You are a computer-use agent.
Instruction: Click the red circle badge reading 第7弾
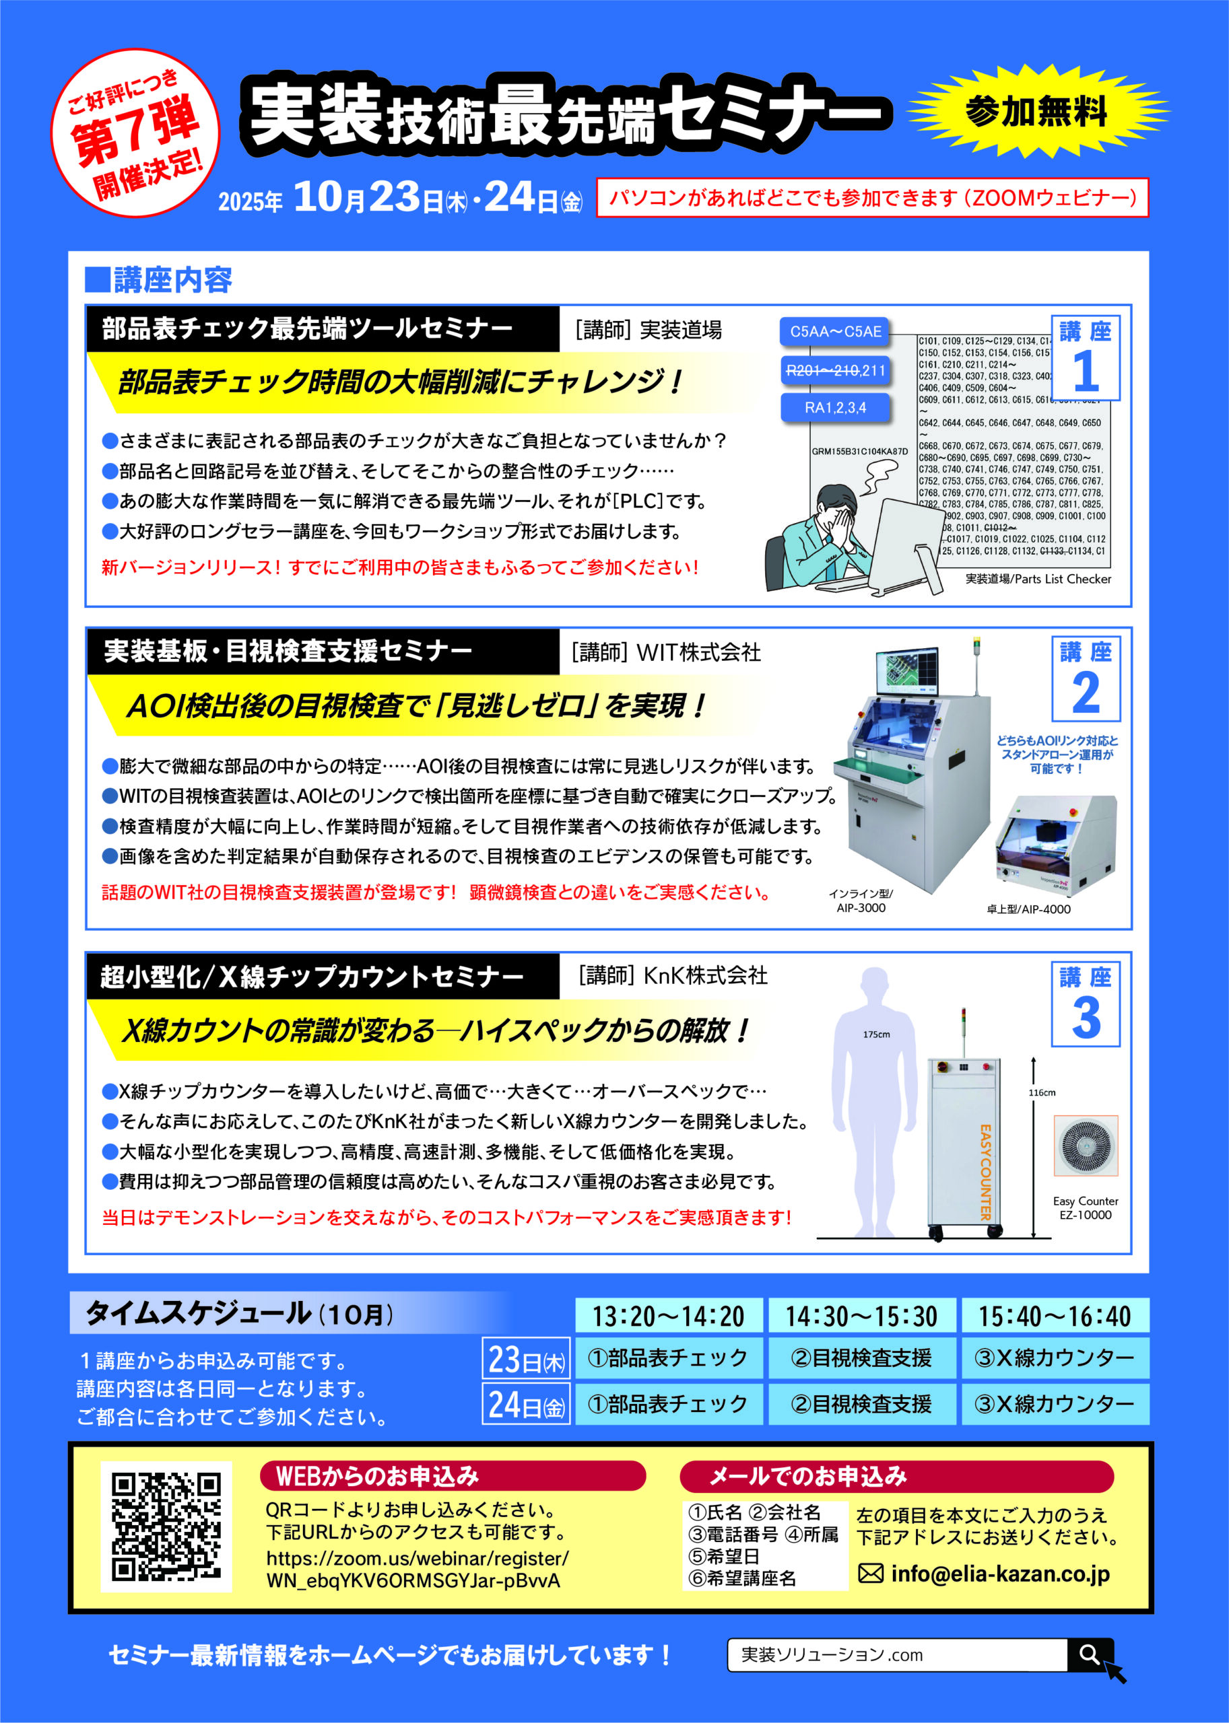point(135,133)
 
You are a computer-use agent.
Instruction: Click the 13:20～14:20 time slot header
point(668,1316)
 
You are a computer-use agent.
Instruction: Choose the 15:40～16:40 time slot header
point(1055,1316)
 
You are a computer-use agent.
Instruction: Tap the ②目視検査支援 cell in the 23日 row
point(861,1358)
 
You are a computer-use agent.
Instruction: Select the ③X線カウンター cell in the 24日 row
point(1055,1405)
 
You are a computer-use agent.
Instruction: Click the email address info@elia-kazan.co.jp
point(999,1574)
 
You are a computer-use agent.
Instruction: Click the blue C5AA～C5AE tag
point(836,331)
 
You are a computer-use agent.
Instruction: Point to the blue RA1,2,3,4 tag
point(836,408)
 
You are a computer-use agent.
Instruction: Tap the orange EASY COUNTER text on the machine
point(985,1173)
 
